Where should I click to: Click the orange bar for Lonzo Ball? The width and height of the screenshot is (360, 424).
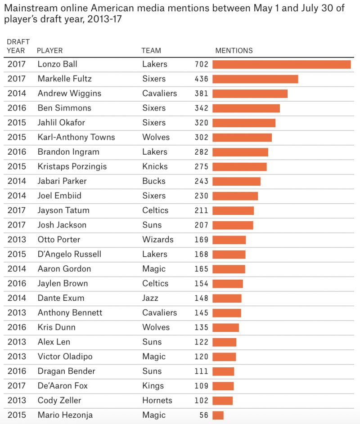(281, 64)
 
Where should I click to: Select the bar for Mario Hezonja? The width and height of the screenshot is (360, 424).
(218, 415)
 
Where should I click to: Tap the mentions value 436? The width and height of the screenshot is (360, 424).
(201, 79)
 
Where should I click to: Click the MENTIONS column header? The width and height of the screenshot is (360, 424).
(234, 51)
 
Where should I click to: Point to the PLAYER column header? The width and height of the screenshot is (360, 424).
(49, 51)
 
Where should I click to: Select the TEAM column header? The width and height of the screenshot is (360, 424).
(151, 51)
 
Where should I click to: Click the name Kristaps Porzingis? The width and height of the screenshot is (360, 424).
(72, 166)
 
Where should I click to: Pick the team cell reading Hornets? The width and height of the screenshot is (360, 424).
(157, 400)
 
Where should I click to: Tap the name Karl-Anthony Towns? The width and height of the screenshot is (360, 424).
(76, 137)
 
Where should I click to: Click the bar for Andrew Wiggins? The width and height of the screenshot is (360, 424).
(250, 94)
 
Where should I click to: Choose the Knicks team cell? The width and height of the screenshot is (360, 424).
(154, 166)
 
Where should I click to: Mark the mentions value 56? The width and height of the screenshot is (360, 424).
(204, 415)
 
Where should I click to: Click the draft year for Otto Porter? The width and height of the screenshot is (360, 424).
(17, 240)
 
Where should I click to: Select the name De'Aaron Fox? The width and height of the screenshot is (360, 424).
(63, 386)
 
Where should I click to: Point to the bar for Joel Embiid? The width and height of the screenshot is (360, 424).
(235, 196)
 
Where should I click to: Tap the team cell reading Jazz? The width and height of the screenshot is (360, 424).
(151, 298)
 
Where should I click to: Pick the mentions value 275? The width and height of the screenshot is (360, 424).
(201, 167)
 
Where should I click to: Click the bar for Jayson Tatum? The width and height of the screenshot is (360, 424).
(233, 210)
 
